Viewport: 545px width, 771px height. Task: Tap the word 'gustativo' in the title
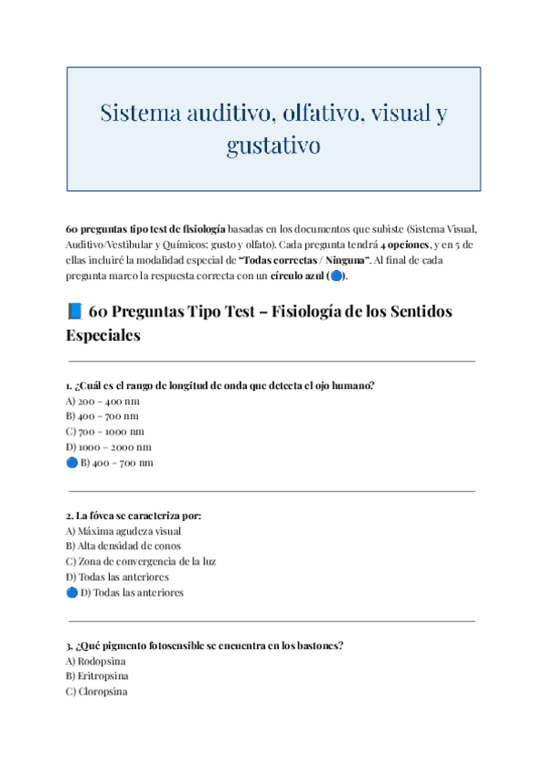click(x=273, y=145)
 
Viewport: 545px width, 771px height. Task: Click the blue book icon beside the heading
click(x=75, y=312)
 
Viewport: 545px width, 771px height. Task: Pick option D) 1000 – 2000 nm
click(x=109, y=446)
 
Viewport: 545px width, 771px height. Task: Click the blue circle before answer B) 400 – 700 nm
click(x=72, y=463)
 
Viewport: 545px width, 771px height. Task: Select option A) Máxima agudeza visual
click(x=124, y=530)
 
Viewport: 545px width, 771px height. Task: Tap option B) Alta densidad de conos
click(x=124, y=546)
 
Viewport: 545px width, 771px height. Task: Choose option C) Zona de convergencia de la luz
click(x=141, y=561)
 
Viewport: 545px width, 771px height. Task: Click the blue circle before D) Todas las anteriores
click(x=72, y=593)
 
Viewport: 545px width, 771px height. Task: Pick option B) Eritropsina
click(x=97, y=676)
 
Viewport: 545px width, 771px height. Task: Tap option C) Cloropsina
click(x=96, y=692)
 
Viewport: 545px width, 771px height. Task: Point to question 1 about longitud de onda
click(x=220, y=385)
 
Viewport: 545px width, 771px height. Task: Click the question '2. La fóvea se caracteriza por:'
click(x=134, y=515)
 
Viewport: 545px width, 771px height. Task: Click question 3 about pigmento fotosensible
click(x=204, y=646)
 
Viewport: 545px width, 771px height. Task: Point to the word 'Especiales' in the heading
click(x=104, y=335)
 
